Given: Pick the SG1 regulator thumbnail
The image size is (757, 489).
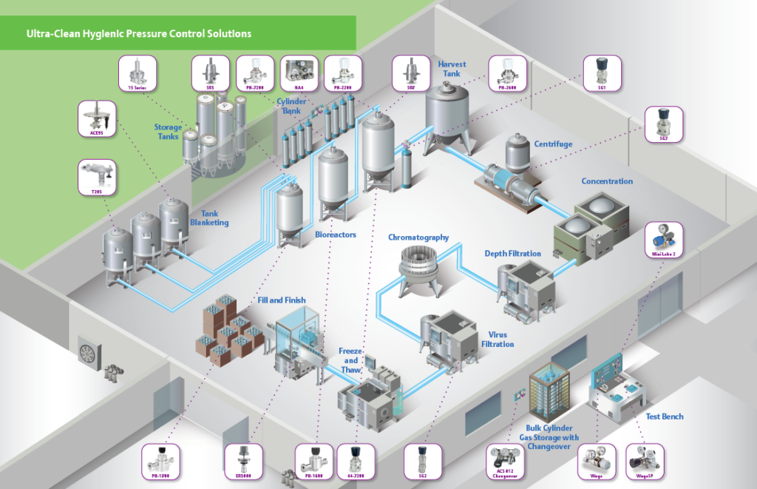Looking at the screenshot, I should click(602, 74).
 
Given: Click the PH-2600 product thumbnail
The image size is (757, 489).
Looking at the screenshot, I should click(507, 74).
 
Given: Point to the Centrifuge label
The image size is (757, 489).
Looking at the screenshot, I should click(553, 144).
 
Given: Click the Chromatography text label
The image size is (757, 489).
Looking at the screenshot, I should click(418, 237).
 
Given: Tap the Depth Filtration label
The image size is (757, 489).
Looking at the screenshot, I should click(513, 254).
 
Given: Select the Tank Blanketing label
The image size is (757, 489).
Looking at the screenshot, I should click(209, 217).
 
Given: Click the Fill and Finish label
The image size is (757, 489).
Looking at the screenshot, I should click(282, 300).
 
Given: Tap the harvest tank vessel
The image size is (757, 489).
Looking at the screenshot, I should click(449, 111).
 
